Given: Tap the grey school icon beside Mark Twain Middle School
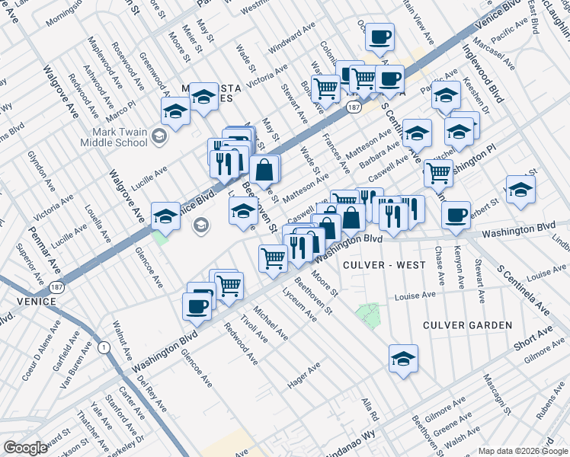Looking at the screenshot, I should click(x=159, y=137).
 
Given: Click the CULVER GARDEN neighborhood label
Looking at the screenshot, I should click(x=468, y=325).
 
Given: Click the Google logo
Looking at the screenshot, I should click(x=26, y=448).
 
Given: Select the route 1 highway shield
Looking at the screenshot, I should click(x=102, y=347).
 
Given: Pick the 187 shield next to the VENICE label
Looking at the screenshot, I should click(x=56, y=288).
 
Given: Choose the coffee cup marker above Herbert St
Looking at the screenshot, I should click(x=456, y=214).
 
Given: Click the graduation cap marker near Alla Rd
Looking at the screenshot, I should click(x=403, y=357).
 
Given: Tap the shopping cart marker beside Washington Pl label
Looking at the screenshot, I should click(x=438, y=173).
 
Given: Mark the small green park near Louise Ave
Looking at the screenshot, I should click(x=369, y=313).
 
